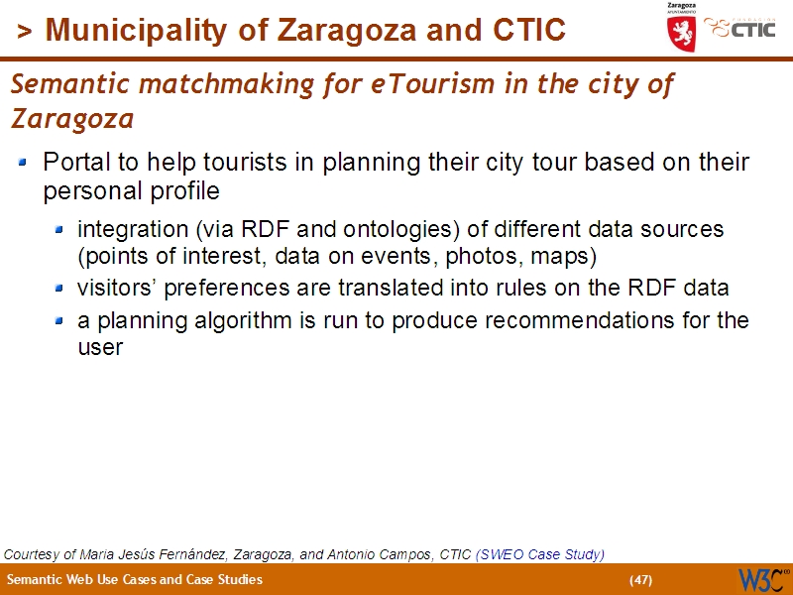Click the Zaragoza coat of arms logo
pos(681,30)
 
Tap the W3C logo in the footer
pos(762,579)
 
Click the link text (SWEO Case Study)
pos(540,554)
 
